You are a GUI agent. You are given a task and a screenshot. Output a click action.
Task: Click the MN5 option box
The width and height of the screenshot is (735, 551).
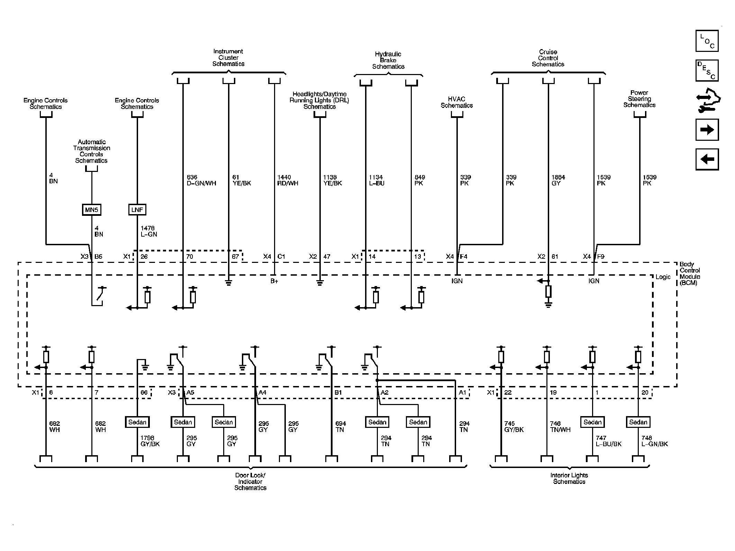coord(91,210)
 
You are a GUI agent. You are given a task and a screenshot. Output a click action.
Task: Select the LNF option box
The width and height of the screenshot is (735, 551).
coord(137,210)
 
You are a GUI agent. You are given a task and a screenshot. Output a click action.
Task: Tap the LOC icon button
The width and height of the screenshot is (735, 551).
coord(707,41)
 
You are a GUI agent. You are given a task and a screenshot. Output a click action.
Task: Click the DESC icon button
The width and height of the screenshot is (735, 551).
coord(707,71)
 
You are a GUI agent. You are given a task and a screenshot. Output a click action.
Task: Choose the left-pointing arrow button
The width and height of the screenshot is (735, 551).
coord(707,159)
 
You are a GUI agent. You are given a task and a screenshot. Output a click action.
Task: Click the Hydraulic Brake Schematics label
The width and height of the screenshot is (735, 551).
coord(388,60)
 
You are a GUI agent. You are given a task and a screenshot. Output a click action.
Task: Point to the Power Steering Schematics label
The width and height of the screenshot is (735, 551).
coord(639,99)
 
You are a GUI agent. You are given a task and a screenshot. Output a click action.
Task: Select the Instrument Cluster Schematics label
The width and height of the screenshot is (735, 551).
coord(228,57)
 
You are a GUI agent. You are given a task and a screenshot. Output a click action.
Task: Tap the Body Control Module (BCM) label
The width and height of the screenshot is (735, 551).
coord(690,273)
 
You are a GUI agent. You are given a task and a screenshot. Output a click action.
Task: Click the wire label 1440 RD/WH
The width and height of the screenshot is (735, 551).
coord(287,180)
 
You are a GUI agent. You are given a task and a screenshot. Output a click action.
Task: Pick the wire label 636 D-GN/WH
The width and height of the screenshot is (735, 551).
coord(201,180)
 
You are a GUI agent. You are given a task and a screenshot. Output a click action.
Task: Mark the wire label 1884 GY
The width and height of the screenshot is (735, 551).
coord(558,180)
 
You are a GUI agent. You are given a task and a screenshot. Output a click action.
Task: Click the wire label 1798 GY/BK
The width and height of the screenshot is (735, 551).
coord(150,441)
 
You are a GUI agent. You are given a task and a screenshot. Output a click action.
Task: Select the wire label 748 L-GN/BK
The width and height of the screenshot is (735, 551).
coord(654,441)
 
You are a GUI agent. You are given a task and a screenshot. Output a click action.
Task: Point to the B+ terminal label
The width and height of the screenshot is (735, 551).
coord(274,281)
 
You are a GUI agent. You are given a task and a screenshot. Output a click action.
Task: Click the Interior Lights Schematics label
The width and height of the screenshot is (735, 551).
coord(569,478)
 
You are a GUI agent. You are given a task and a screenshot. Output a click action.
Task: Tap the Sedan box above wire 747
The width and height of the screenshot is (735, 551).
coord(592,422)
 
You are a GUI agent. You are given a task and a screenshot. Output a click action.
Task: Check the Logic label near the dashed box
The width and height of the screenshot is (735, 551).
coord(663,277)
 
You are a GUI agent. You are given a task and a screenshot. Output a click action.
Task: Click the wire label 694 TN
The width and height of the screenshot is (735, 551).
coord(340,426)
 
